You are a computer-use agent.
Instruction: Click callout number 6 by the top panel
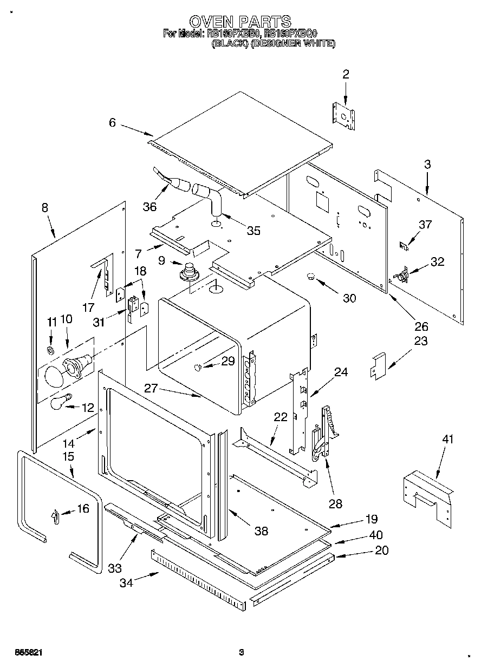(112, 123)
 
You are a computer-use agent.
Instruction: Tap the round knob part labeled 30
(311, 277)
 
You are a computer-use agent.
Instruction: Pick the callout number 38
(261, 531)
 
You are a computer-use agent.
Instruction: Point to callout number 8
(44, 207)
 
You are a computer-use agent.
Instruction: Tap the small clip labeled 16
(55, 517)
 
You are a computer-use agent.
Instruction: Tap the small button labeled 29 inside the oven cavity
(198, 368)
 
